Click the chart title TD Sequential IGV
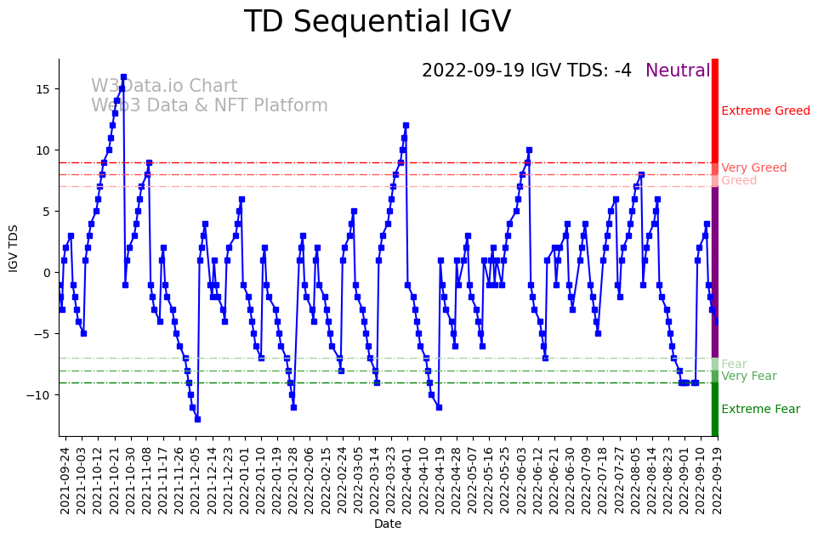(x=378, y=22)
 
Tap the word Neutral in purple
(x=678, y=71)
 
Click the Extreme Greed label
(x=765, y=111)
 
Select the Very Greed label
(x=753, y=168)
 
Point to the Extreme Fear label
(x=760, y=410)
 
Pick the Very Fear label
(x=748, y=377)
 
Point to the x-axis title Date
(x=388, y=524)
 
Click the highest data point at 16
(x=123, y=77)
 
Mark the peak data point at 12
(x=406, y=126)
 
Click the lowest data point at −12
(x=197, y=419)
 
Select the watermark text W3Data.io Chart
(x=164, y=87)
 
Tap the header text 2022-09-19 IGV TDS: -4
(x=526, y=71)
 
